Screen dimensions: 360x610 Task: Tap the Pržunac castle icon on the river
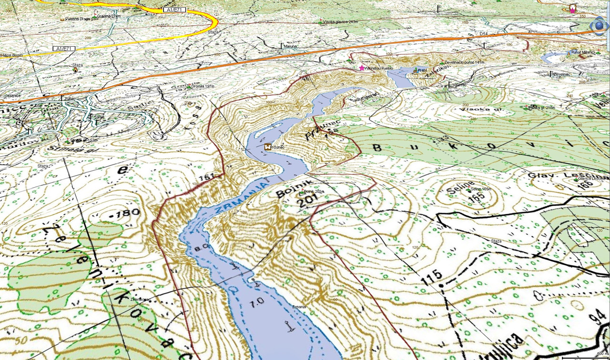[267, 147]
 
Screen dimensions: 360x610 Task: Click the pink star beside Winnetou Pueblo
[362, 68]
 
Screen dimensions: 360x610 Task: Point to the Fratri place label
[422, 71]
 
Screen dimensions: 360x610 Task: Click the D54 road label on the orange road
[484, 34]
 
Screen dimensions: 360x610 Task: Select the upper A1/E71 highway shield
[173, 9]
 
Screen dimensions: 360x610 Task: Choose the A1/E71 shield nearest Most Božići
[64, 49]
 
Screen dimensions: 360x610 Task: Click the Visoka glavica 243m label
[340, 21]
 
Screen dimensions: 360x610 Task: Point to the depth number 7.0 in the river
[257, 301]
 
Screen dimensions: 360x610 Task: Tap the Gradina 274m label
[108, 16]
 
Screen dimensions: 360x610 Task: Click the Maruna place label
[290, 46]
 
